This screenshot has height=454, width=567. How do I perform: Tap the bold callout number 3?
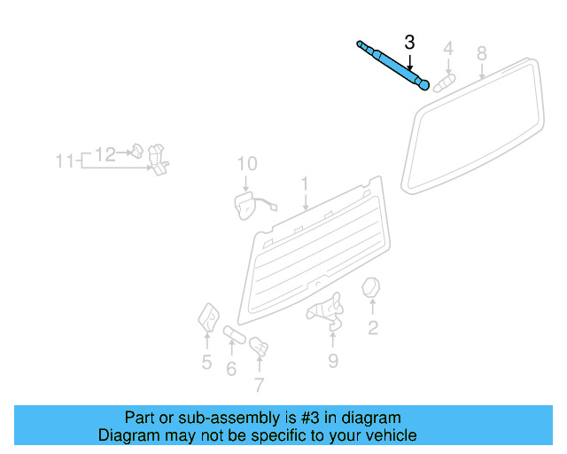click(x=409, y=42)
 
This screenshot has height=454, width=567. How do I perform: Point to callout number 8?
click(x=482, y=53)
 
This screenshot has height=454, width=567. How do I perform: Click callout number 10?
click(x=246, y=164)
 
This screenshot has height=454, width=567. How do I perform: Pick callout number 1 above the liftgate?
click(x=304, y=184)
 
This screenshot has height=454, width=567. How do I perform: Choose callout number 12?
click(x=105, y=154)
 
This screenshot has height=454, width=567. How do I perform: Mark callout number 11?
click(x=65, y=161)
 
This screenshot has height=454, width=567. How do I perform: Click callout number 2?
click(x=373, y=328)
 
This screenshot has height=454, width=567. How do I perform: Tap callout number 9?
click(x=333, y=360)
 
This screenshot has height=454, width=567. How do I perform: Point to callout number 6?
click(x=231, y=368)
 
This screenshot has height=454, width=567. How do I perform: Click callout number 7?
click(x=259, y=385)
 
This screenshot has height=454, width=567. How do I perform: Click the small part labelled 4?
click(x=444, y=82)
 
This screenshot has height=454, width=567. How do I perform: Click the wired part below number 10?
click(x=244, y=205)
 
